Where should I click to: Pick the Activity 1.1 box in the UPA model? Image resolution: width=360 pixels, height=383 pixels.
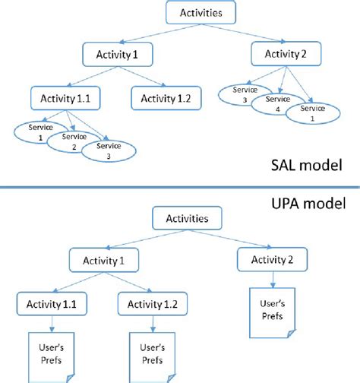point(50,305)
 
